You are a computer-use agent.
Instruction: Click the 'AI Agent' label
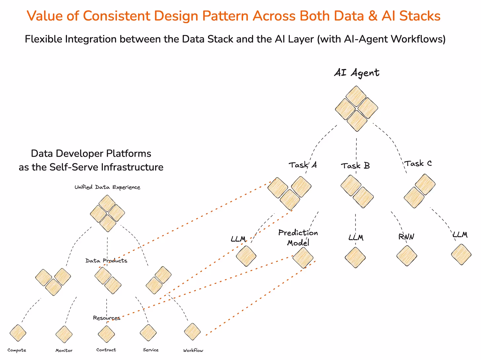pos(356,72)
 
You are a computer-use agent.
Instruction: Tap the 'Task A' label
pos(303,165)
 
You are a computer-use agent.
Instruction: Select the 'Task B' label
pos(355,165)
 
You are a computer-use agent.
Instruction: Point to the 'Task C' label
pos(418,163)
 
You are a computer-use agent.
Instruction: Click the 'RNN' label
pos(406,237)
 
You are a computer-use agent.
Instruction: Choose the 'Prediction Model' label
pos(298,237)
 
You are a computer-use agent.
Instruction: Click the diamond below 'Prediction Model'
pos(303,258)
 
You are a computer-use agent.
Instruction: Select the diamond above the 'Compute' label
pos(18,333)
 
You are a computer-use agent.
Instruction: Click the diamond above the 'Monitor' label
pos(64,334)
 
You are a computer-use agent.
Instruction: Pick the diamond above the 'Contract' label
pos(106,334)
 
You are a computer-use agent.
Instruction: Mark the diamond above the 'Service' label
pos(148,333)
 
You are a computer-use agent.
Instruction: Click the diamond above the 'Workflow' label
pos(192,332)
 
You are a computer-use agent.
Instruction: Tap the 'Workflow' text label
pos(193,350)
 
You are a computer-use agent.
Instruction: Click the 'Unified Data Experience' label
pos(107,187)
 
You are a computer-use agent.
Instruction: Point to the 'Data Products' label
pos(106,260)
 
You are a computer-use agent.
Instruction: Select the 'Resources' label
pos(107,318)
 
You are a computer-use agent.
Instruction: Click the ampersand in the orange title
pos(372,16)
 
